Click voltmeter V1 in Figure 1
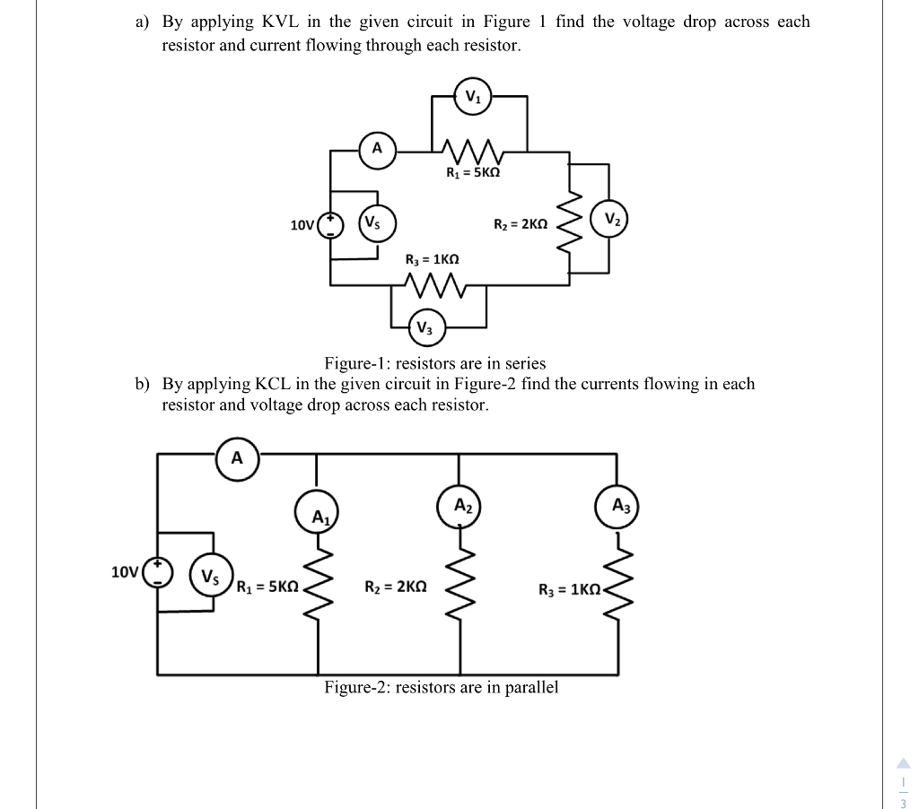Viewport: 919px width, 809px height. click(472, 97)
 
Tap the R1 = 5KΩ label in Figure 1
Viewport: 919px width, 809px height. click(472, 171)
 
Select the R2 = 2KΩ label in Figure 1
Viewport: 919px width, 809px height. click(521, 223)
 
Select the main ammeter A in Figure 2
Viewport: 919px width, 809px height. click(236, 458)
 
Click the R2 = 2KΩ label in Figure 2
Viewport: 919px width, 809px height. click(395, 588)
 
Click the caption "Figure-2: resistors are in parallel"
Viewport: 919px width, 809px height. click(441, 688)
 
